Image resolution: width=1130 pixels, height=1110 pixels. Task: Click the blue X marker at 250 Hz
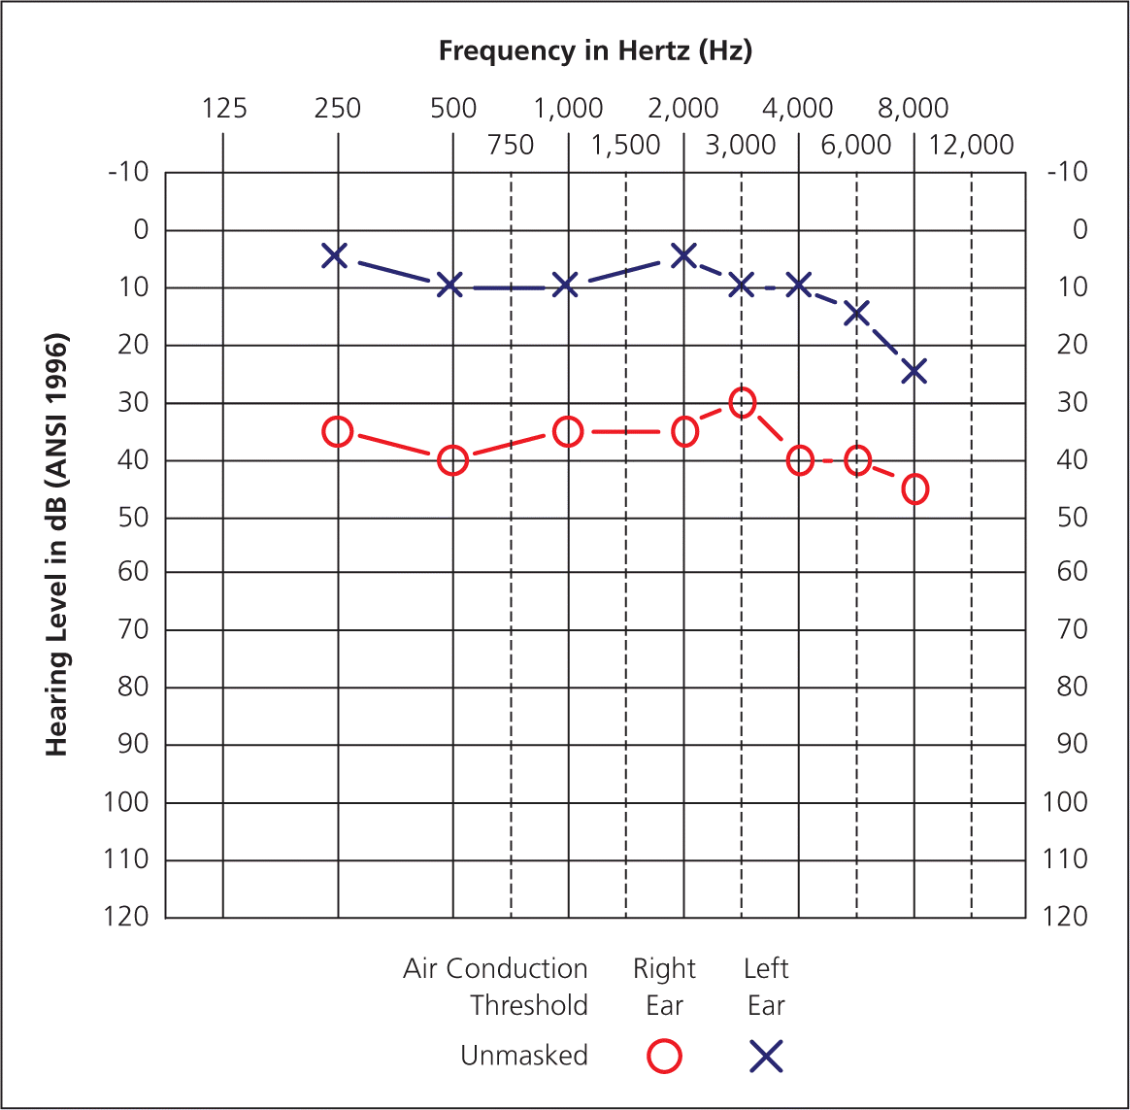[x=335, y=256]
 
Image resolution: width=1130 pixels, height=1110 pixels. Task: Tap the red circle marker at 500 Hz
[x=452, y=460]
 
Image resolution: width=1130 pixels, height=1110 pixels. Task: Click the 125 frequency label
[x=224, y=108]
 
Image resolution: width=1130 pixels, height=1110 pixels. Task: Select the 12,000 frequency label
[x=971, y=146]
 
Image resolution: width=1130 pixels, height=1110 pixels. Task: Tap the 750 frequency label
[x=511, y=146]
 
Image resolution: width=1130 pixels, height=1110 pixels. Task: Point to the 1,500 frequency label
[x=625, y=146]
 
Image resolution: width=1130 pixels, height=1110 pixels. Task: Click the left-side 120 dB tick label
[x=126, y=917]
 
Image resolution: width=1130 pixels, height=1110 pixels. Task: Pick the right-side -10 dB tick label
[x=1068, y=172]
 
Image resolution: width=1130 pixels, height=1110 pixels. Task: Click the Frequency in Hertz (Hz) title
[x=595, y=50]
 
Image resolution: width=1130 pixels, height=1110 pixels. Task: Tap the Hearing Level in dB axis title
[x=57, y=546]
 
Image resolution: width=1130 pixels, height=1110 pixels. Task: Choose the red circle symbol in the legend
[x=664, y=1056]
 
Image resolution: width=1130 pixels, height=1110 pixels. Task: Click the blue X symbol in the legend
[x=766, y=1056]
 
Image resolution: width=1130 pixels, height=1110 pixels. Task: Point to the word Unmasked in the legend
[x=524, y=1056]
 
